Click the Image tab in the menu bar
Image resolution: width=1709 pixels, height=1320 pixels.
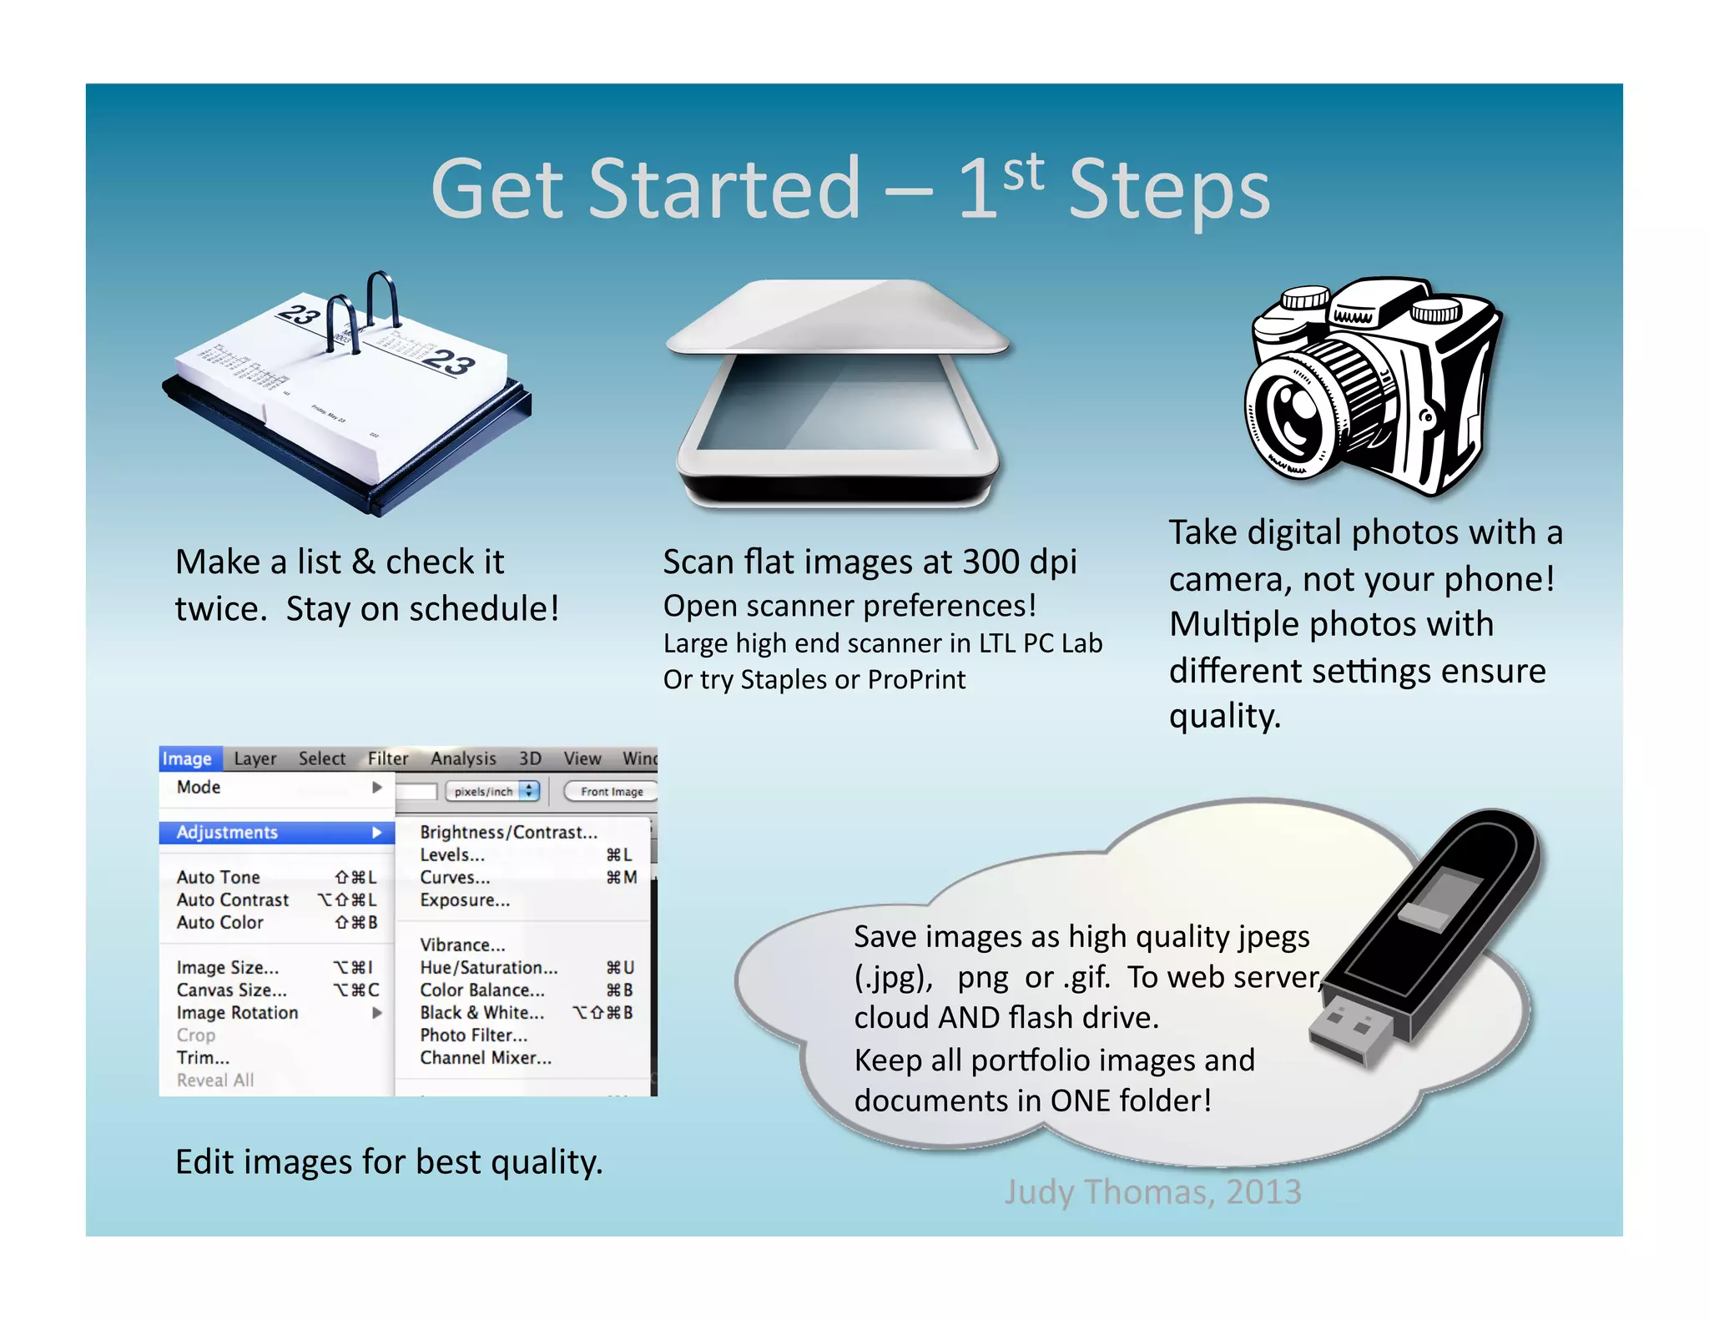(188, 758)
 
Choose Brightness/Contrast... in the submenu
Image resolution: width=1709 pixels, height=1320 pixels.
(508, 832)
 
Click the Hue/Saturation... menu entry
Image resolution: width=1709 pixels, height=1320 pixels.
(489, 967)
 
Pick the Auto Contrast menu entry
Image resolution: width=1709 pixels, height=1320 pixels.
(233, 899)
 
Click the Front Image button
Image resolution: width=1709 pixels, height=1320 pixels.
(612, 791)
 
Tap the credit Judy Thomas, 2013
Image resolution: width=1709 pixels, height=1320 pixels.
(1152, 1192)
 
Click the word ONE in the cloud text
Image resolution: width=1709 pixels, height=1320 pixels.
(1081, 1101)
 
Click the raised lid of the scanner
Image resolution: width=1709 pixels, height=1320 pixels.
(839, 317)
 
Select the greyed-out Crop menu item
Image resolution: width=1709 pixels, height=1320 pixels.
(196, 1035)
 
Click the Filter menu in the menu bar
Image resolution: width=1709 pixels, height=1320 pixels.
(388, 758)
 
